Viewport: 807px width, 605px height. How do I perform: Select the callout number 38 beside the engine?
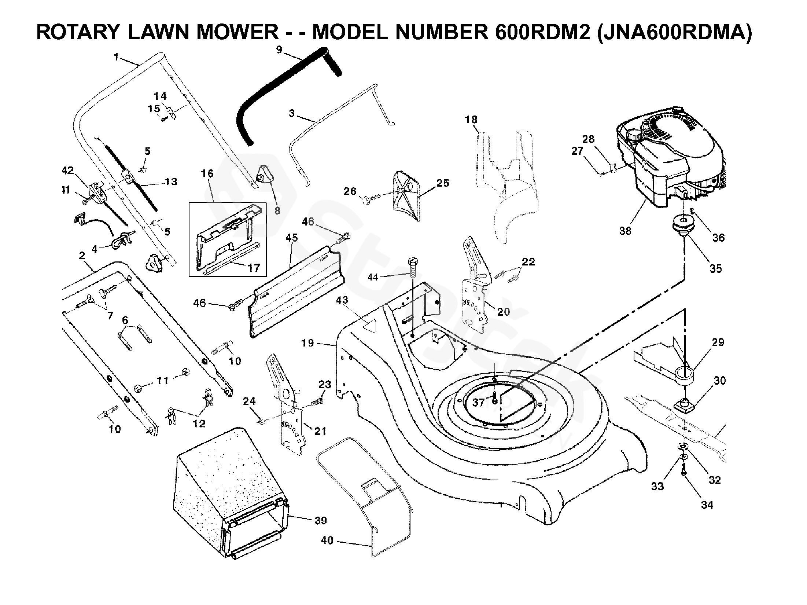[625, 231]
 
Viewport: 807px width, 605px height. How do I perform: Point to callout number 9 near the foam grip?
[279, 49]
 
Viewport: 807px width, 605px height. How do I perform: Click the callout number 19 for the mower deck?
[307, 343]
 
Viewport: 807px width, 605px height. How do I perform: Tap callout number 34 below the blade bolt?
[707, 505]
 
